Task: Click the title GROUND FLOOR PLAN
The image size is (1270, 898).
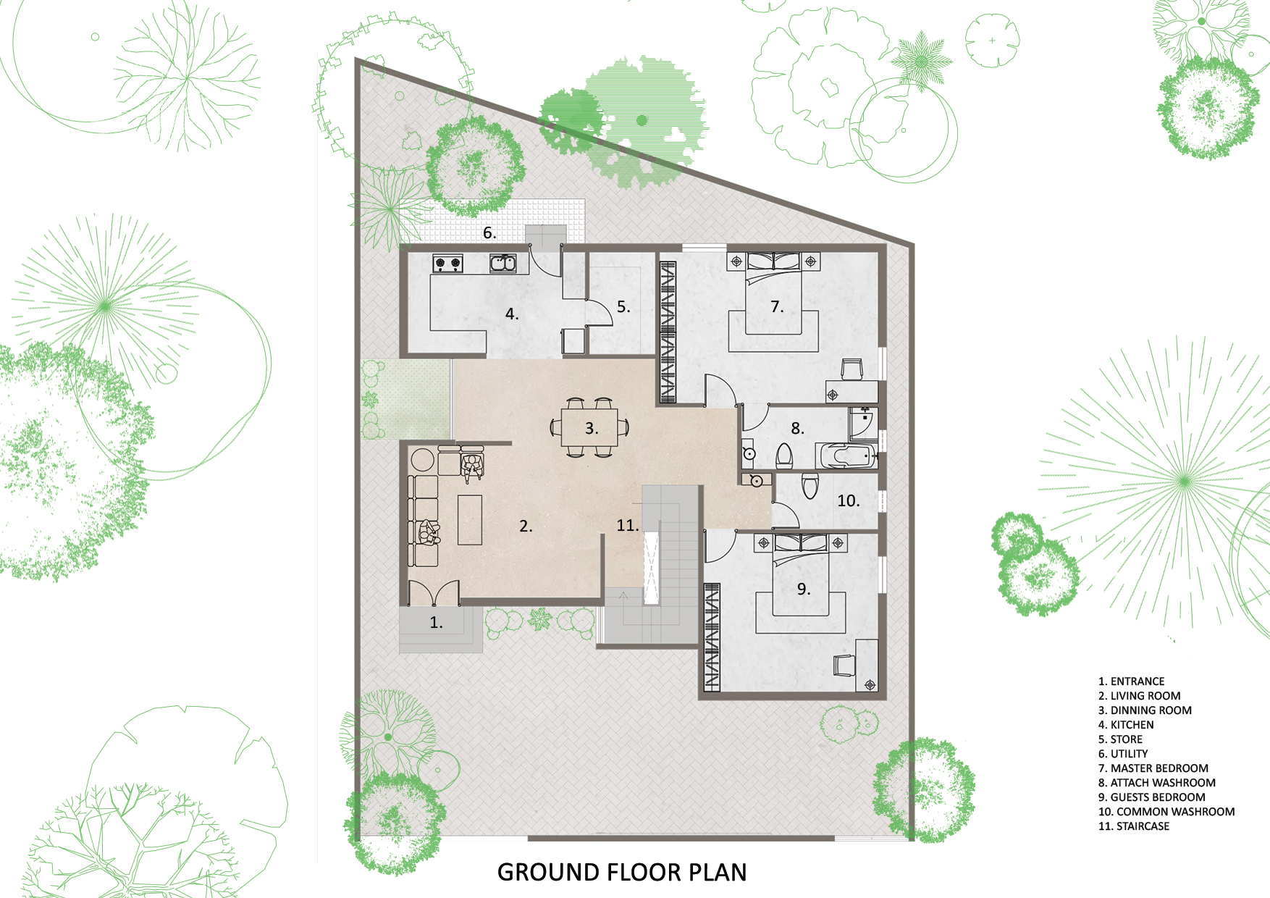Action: coord(622,872)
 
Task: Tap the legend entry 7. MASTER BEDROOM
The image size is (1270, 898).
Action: coord(1153,768)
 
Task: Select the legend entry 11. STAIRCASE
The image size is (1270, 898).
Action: coord(1134,826)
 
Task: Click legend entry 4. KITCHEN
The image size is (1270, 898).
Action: coord(1126,725)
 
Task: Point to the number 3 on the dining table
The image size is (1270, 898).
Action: coord(592,429)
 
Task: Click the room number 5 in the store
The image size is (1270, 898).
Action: coord(623,307)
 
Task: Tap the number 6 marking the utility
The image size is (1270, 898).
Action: coord(489,233)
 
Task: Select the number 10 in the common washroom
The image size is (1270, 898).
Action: coord(849,501)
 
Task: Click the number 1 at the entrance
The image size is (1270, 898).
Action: coord(436,623)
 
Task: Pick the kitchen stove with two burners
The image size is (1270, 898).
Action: coord(447,264)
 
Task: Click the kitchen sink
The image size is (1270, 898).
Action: coord(503,263)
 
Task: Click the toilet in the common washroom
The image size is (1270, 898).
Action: coord(810,486)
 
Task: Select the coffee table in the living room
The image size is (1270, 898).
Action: coord(470,520)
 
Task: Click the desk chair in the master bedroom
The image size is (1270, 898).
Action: coord(851,369)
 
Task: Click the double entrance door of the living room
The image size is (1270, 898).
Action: coord(433,593)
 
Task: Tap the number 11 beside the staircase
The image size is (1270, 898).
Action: coord(628,526)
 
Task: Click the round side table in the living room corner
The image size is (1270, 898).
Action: coord(422,460)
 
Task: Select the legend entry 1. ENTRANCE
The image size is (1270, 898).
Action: coord(1132,681)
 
